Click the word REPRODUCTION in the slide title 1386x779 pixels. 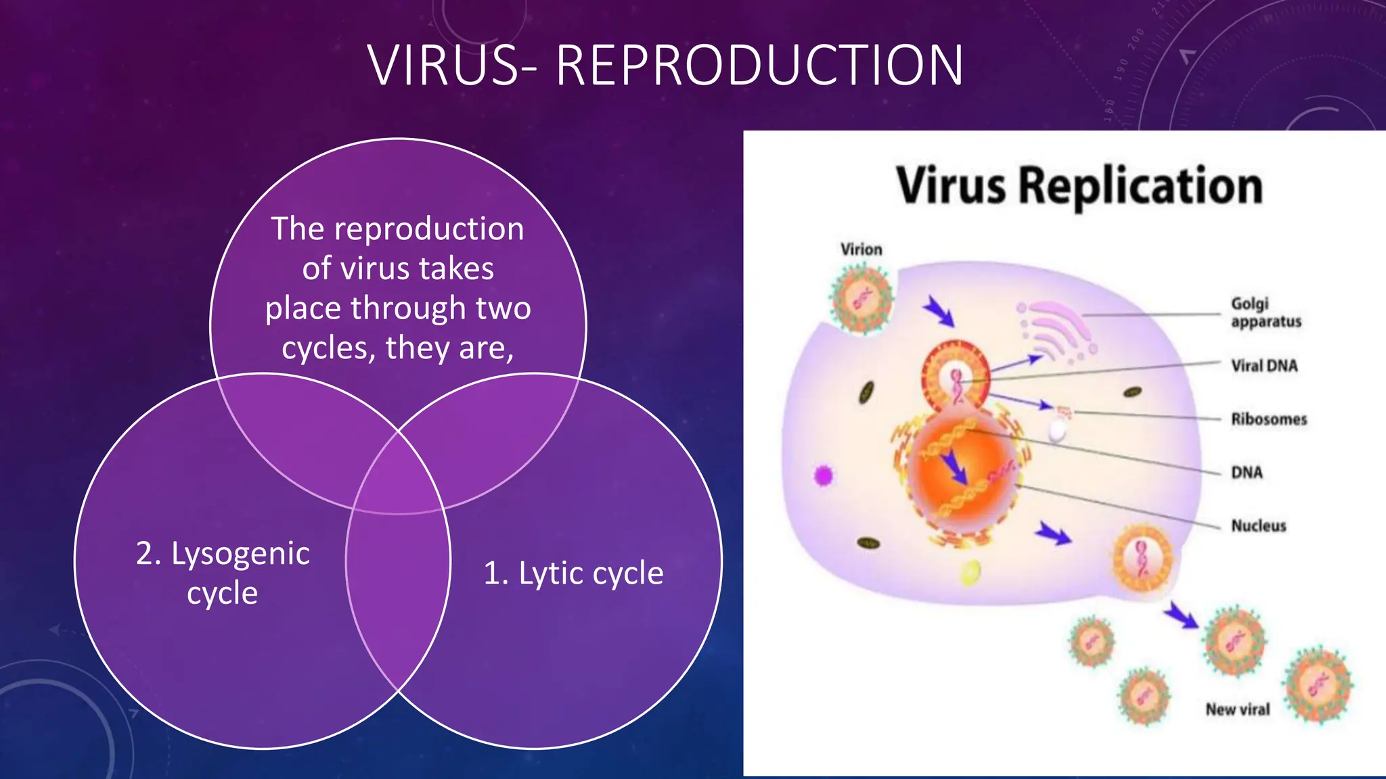pos(759,66)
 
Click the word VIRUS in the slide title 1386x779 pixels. pos(444,66)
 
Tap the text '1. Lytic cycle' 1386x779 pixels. pos(573,573)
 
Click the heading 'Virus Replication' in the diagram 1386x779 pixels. pos(1079,186)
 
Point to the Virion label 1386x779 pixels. pos(861,250)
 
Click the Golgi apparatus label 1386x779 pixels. pos(1266,312)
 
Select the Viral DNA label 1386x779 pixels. pos(1264,366)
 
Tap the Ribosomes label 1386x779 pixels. pos(1269,419)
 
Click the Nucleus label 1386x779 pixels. pos(1258,525)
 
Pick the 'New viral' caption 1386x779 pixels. pos(1237,709)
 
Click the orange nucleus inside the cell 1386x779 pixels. pos(961,473)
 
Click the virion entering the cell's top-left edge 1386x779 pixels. pos(860,298)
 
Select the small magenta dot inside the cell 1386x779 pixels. pos(823,476)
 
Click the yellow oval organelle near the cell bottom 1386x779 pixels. pos(970,572)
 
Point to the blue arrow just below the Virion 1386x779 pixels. pos(939,312)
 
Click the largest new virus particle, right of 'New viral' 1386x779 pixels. pos(1317,686)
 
